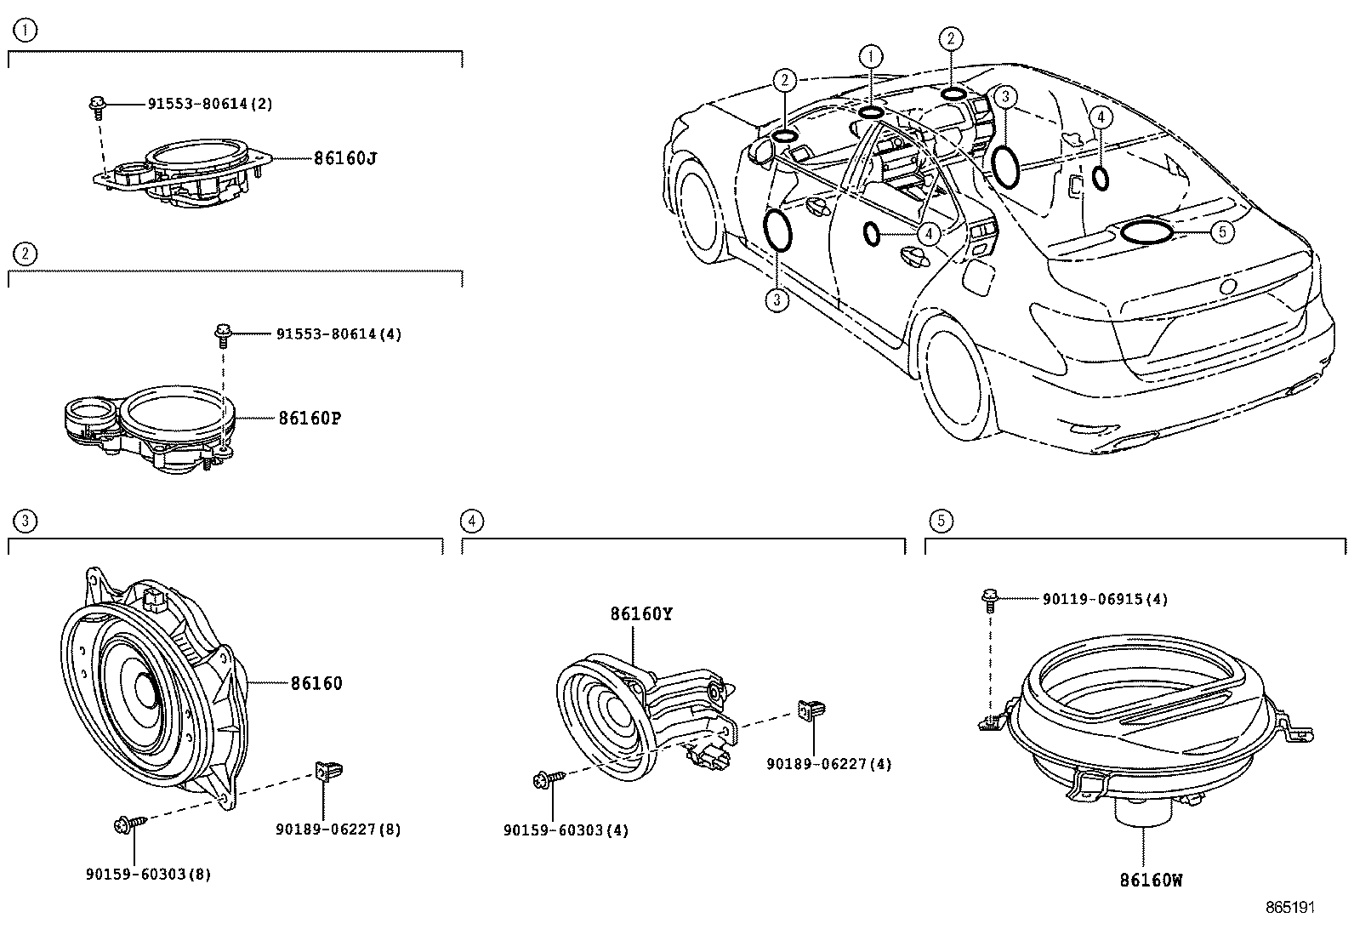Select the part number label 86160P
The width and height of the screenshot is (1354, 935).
pyautogui.click(x=310, y=418)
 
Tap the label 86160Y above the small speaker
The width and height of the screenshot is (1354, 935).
pyautogui.click(x=640, y=613)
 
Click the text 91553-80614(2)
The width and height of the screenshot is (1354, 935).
pyautogui.click(x=210, y=104)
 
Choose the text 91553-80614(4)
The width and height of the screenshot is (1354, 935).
pyautogui.click(x=338, y=334)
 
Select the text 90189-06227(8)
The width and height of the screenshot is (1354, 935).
pyautogui.click(x=338, y=829)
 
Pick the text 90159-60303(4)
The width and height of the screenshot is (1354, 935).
pyautogui.click(x=566, y=830)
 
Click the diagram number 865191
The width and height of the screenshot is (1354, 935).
pyautogui.click(x=1290, y=908)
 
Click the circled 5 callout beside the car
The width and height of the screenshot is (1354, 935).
pyautogui.click(x=1221, y=231)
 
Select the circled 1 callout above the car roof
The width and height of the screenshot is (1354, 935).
pyautogui.click(x=870, y=56)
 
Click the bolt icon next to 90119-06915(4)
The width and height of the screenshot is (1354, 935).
pyautogui.click(x=989, y=599)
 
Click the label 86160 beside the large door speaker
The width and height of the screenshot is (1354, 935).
pyautogui.click(x=316, y=683)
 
